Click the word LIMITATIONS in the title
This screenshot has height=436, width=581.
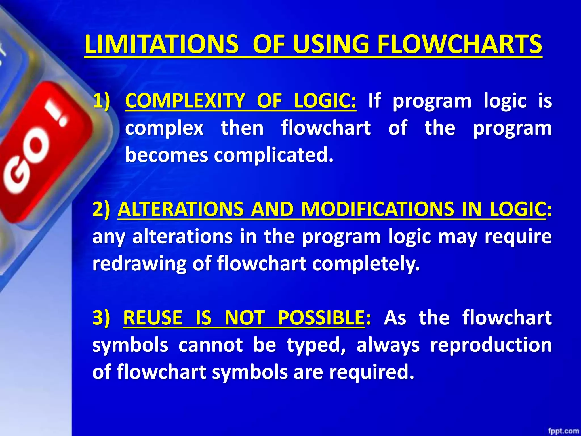(x=161, y=45)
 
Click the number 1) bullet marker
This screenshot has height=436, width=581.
(x=101, y=101)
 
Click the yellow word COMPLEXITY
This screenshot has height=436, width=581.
(x=185, y=101)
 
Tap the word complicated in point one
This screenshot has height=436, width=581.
(x=273, y=155)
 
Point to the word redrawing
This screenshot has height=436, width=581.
(x=139, y=264)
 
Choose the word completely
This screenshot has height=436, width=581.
(x=366, y=264)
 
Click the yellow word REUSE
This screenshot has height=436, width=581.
(x=153, y=318)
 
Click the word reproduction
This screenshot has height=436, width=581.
(x=491, y=345)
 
